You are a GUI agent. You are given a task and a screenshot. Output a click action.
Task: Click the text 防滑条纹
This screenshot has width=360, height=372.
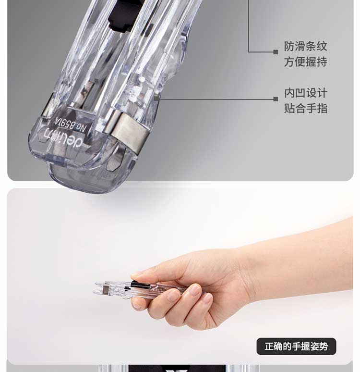(306, 46)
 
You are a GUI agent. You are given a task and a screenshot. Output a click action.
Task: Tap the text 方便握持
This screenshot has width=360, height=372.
(306, 62)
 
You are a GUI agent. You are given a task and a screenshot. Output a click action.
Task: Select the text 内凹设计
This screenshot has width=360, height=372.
(306, 93)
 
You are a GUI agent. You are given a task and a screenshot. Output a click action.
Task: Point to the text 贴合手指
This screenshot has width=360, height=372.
(306, 108)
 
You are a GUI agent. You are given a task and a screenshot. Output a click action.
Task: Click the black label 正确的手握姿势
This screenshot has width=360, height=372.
(296, 347)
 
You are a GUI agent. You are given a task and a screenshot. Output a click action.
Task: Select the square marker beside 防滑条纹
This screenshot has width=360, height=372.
(276, 52)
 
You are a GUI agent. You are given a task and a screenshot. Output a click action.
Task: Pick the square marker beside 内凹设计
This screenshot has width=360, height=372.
(276, 99)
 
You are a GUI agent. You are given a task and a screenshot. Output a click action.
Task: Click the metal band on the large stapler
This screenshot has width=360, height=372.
(128, 132)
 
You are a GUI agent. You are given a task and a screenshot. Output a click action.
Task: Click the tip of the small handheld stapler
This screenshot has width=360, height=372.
(95, 288)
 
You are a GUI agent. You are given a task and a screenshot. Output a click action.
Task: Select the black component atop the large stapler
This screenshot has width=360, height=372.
(121, 17)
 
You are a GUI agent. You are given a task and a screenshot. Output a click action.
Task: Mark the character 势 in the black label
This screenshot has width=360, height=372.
(324, 347)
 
